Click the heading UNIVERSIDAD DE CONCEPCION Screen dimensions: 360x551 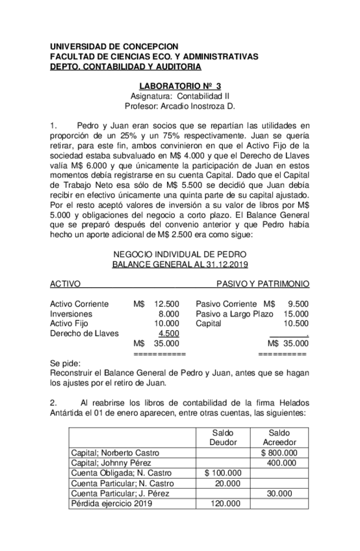coord(114,47)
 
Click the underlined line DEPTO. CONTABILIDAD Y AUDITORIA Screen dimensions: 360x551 coord(125,66)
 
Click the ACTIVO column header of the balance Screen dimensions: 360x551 coord(65,284)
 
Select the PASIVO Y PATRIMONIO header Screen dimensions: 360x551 coord(263,284)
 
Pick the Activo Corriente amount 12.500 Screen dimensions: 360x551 coord(167,303)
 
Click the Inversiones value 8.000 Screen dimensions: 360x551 coord(168,314)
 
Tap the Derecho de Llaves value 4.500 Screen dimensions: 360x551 coord(169,333)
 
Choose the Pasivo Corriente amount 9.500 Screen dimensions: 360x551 coord(298,303)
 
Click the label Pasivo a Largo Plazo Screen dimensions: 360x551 coord(235,314)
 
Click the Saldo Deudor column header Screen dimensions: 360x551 coord(223,437)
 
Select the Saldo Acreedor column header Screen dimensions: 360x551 coord(278,437)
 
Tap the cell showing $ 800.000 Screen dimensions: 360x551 coord(279,452)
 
